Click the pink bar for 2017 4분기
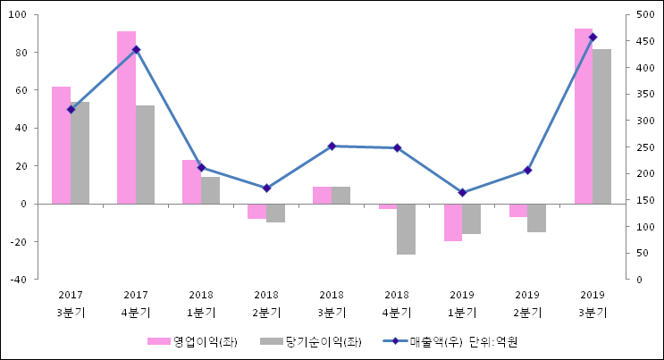126,117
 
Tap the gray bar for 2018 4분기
406,229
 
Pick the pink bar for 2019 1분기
453,222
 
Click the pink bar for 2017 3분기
61,145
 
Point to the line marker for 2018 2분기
266,188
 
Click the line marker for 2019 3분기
593,38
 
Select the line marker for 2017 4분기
136,50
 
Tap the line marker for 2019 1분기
462,193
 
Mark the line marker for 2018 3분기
332,146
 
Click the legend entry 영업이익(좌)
192,342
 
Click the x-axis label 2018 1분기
201,304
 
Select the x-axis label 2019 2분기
527,304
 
